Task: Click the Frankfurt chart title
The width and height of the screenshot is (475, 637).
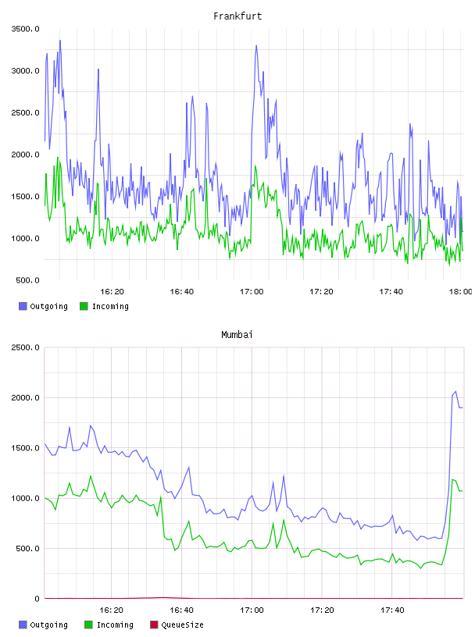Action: coord(237,16)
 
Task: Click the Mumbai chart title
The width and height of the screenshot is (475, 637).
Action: coord(237,335)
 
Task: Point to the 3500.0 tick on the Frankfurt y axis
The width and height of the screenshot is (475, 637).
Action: coord(25,29)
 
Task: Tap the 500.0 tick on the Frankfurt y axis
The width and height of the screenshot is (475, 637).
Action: coord(27,280)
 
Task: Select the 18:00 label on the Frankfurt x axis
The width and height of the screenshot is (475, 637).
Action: coord(460,292)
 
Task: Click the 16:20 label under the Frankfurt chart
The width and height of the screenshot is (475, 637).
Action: coord(112,292)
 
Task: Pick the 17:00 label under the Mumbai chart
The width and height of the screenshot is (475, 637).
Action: coord(252,610)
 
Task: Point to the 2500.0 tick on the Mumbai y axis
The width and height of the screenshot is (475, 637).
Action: coord(25,347)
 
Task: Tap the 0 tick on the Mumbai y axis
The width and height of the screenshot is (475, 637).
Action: coord(37,599)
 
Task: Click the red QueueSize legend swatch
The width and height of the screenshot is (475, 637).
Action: coord(154,625)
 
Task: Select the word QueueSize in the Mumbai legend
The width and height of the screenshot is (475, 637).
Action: coord(182,625)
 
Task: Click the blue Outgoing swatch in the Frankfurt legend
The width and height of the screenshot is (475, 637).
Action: coord(23,306)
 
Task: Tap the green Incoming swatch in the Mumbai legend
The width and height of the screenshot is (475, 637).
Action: coord(88,625)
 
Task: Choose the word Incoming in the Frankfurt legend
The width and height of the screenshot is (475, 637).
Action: coord(110,307)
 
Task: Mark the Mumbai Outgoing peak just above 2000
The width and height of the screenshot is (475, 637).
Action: coord(455,391)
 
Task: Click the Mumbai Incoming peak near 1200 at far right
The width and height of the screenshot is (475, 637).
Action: coord(452,480)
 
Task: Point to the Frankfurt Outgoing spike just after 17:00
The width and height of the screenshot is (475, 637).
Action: coord(256,45)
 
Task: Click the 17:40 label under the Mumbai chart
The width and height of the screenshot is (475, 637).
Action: coord(392,610)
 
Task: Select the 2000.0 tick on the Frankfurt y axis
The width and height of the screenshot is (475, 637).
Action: coord(25,155)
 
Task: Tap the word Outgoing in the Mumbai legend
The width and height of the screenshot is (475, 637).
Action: coord(48,625)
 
